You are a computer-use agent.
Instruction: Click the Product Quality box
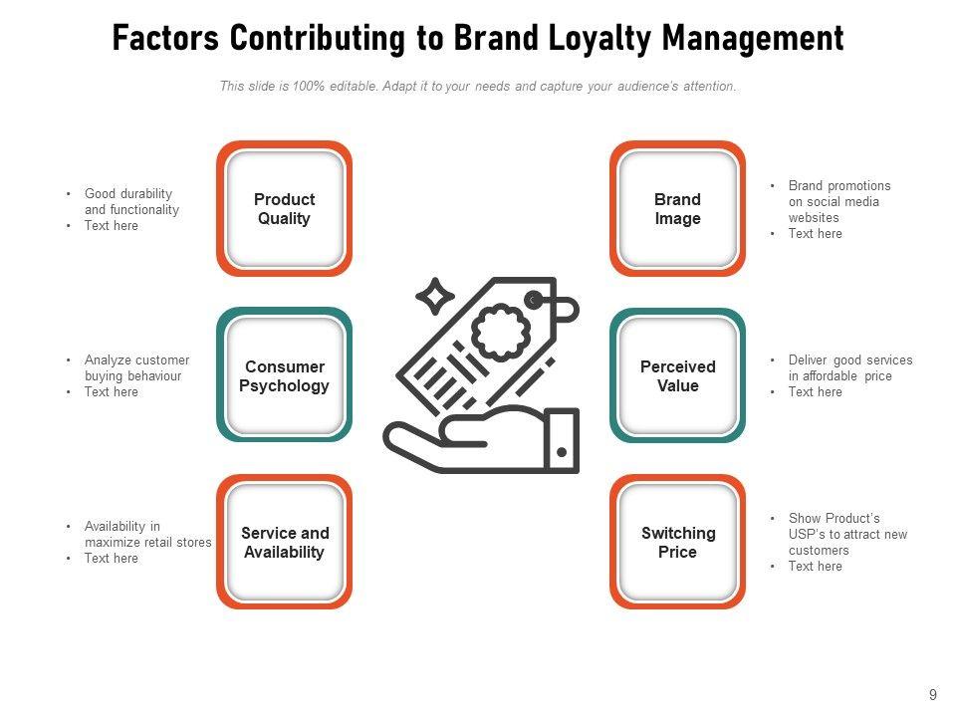point(285,209)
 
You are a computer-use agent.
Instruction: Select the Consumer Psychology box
point(285,375)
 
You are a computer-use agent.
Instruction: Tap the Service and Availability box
point(285,543)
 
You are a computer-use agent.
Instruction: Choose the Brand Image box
point(677,209)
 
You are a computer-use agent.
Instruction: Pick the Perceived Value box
point(677,375)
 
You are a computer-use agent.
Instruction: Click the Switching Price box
point(677,543)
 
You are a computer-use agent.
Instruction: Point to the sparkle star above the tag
point(434,296)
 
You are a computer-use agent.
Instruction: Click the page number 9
point(933,696)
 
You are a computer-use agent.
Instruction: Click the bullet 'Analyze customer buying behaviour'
point(136,367)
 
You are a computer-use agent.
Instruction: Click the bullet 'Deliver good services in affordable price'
point(849,367)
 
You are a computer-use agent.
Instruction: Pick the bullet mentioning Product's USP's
point(847,534)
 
